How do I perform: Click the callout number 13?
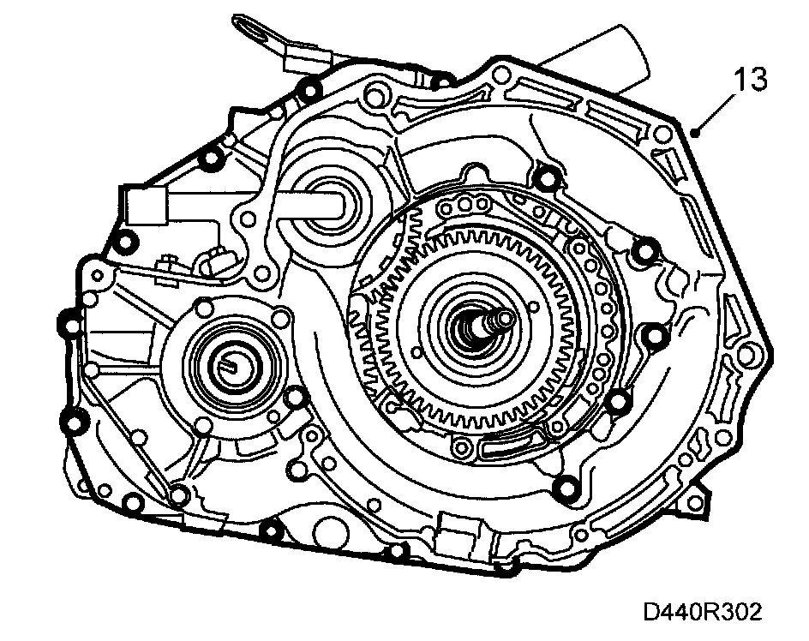pos(750,80)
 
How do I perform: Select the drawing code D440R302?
pos(702,612)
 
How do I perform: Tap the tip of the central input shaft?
pos(505,319)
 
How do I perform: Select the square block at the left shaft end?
pos(145,205)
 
